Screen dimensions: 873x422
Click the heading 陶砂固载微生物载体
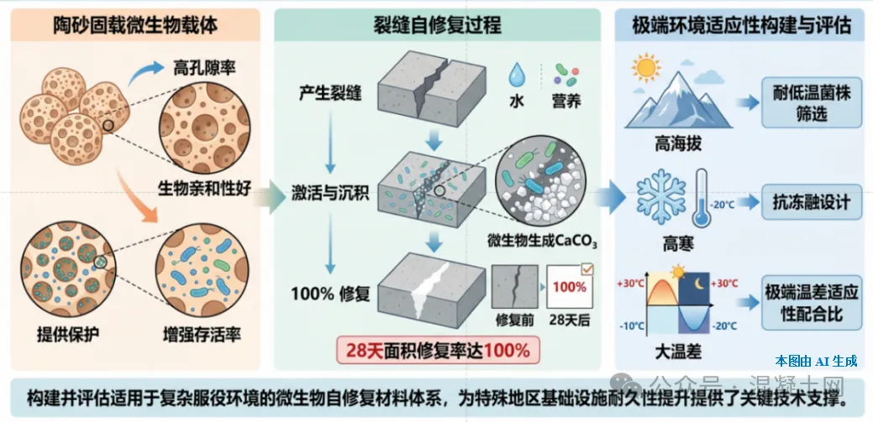coord(135,25)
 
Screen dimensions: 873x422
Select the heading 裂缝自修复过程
coord(437,25)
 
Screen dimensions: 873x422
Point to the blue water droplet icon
coord(518,75)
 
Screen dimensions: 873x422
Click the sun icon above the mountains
coord(646,68)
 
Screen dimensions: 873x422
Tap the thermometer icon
coord(701,198)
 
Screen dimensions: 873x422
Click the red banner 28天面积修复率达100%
coord(438,351)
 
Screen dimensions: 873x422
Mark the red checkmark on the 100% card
coord(586,269)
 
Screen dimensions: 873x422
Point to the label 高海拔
coord(678,144)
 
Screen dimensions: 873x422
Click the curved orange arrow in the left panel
coord(136,195)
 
